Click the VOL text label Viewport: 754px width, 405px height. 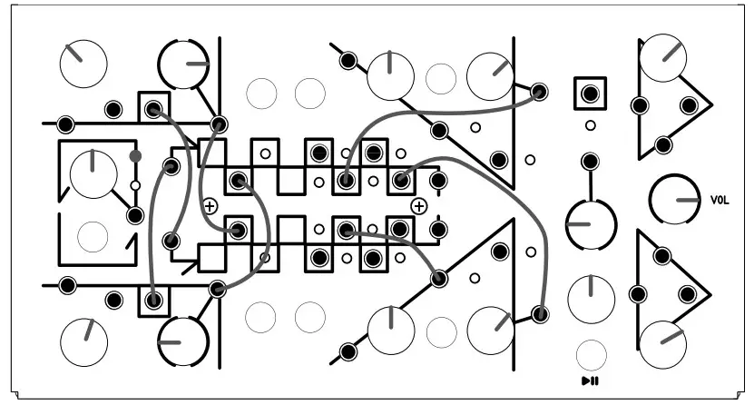pos(719,199)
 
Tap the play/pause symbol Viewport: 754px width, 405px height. pos(590,380)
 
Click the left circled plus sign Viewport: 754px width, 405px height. pos(210,206)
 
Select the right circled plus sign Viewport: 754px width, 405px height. pos(418,206)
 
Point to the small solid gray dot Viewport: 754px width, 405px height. pos(135,156)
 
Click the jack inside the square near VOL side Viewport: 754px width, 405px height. pos(591,93)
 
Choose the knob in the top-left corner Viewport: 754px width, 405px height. pos(83,62)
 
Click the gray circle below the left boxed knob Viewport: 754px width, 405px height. pos(93,236)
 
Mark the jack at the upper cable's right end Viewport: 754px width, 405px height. pos(539,92)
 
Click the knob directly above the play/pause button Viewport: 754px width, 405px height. pos(591,297)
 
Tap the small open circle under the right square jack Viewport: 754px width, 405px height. pos(591,125)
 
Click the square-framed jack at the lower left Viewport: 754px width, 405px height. pos(154,298)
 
